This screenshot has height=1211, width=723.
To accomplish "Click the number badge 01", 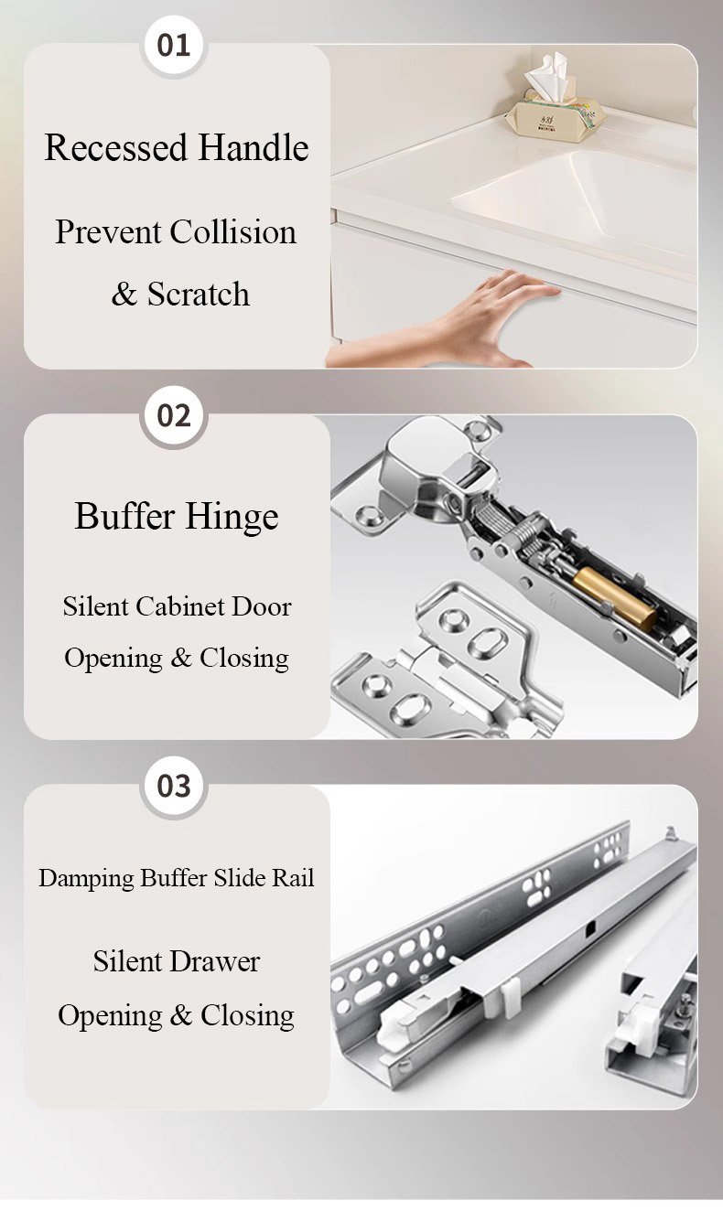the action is (174, 46).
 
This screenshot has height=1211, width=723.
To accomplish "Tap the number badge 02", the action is (174, 416).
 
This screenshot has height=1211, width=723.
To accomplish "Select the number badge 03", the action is (174, 787).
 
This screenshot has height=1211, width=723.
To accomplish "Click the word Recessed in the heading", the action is (117, 147).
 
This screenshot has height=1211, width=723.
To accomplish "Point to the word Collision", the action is (233, 232).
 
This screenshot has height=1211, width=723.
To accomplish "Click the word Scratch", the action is (199, 295).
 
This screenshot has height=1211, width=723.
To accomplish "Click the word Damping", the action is (86, 878).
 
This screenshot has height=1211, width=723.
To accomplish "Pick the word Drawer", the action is (217, 962).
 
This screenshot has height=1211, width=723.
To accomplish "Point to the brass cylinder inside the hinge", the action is (615, 599).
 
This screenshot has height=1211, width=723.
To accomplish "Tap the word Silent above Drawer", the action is (127, 962).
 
